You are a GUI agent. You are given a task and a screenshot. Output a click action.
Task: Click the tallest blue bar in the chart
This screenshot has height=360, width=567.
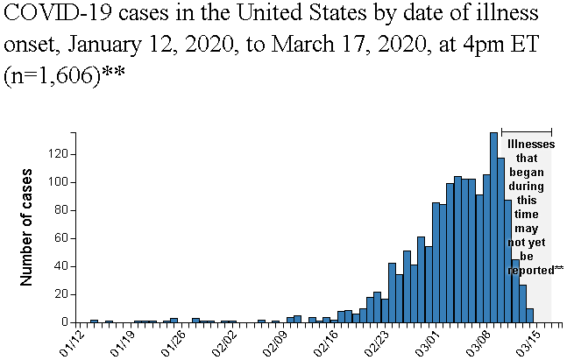click(x=493, y=228)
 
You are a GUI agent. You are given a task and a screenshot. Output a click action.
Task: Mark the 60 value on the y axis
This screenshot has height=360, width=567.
click(x=61, y=238)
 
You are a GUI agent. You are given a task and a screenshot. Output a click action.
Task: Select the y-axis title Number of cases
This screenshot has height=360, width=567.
click(x=27, y=228)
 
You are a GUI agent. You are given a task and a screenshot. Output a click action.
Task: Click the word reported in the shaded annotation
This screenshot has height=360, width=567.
click(x=529, y=270)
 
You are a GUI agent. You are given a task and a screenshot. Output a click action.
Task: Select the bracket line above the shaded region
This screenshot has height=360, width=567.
click(x=526, y=131)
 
